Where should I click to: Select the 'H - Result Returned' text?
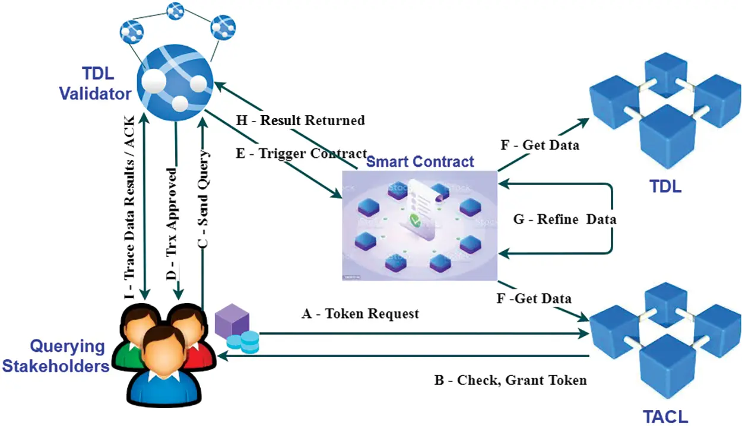pos(300,120)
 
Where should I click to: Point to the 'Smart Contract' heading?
pos(420,161)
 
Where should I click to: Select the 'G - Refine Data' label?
pos(564,220)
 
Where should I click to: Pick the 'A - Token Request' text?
pos(360,313)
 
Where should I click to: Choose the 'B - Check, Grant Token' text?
pos(510,380)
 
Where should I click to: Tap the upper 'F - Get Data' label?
pos(540,145)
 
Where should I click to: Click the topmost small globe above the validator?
pos(175,9)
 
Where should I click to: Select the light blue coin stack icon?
pos(242,341)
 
